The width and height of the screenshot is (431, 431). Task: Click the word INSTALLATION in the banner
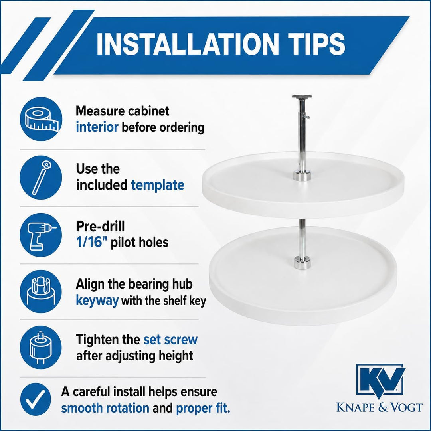186,44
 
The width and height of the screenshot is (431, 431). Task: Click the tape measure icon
41,119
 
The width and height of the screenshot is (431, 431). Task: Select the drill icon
41,235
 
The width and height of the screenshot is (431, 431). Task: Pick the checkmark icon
36,399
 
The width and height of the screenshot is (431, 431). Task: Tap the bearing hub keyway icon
41,291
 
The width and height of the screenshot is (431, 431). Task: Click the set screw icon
41,348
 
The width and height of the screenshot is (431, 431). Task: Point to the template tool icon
41,177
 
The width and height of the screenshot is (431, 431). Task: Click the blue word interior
97,127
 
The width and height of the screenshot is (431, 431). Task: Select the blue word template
158,185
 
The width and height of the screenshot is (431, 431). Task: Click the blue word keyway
97,301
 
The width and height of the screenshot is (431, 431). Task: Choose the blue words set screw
170,340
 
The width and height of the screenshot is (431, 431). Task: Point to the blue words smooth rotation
105,408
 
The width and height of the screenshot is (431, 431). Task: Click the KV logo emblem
380,380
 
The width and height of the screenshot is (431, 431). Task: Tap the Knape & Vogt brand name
380,407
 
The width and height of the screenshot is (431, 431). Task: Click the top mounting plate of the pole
302,97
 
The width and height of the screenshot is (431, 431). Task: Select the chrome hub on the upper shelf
302,176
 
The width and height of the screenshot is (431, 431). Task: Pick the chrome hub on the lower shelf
302,263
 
